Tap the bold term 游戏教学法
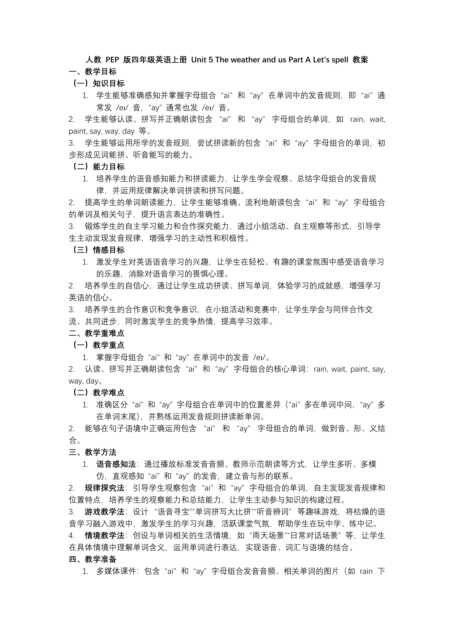click(x=105, y=512)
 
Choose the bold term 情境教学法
click(x=105, y=536)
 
